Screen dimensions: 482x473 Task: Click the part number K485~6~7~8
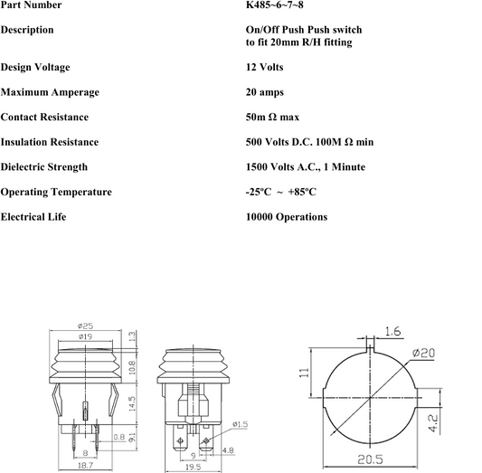(275, 5)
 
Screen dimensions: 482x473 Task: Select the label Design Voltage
(35, 67)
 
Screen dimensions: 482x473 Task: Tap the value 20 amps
(265, 92)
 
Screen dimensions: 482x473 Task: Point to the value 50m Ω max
(272, 117)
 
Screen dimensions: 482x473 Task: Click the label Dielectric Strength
(44, 167)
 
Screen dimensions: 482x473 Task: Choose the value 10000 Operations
(287, 217)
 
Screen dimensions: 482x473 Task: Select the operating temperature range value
(281, 192)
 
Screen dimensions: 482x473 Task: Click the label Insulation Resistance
(50, 142)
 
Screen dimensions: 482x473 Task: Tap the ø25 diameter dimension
(85, 326)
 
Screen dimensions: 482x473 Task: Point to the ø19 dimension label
(85, 336)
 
